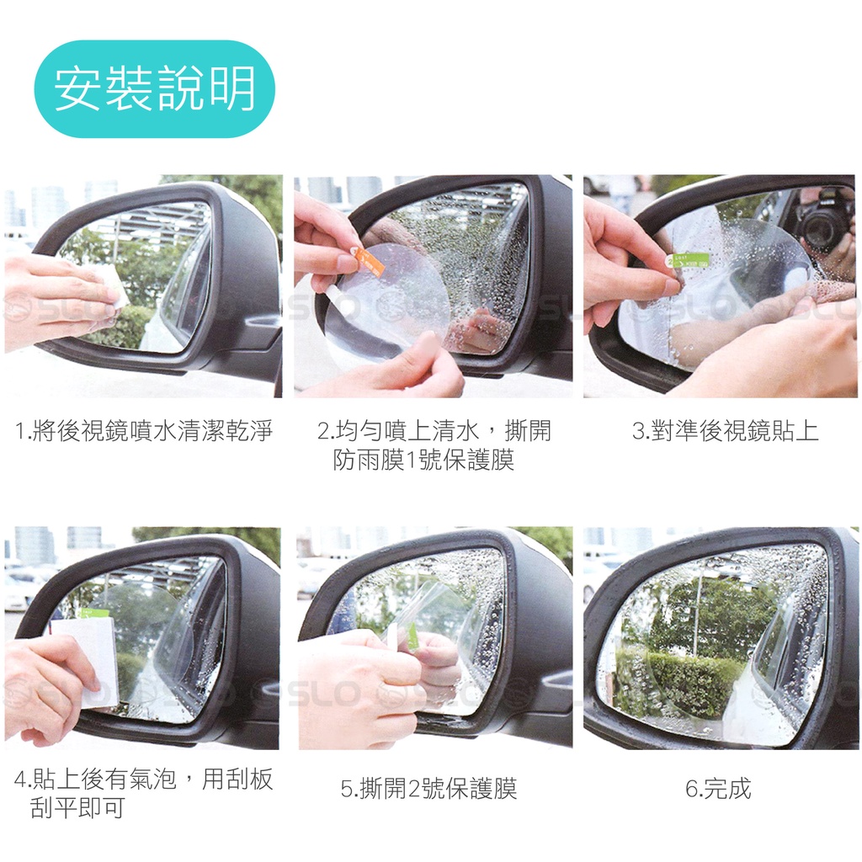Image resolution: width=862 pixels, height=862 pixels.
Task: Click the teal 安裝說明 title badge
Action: [155, 88]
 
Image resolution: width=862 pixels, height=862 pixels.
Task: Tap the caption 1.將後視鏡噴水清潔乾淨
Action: [143, 431]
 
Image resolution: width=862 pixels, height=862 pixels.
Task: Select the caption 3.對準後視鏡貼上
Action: [725, 431]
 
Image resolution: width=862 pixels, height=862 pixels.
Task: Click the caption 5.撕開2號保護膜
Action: [428, 788]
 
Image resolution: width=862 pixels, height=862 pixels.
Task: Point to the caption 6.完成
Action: [718, 788]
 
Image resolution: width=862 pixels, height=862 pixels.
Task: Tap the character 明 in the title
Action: [231, 88]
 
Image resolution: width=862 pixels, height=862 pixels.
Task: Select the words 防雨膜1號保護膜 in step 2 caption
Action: [423, 460]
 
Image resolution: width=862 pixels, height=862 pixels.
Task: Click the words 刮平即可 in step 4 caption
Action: [77, 807]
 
